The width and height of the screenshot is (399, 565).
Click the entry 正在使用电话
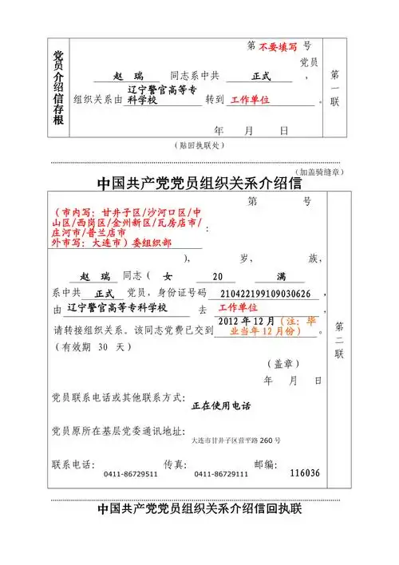221,406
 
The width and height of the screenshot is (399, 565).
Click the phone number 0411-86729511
131,474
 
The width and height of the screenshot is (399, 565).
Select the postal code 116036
305,473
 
